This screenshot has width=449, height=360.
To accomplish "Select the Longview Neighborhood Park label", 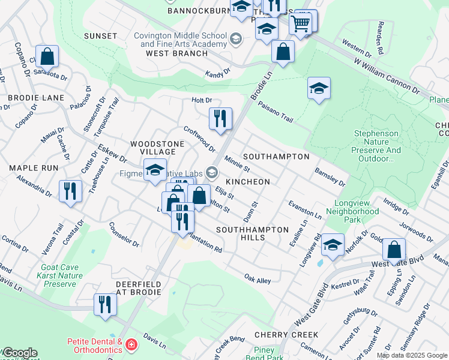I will click(352, 211).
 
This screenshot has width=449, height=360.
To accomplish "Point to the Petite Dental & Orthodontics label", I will click(94, 345).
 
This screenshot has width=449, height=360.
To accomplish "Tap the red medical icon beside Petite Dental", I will click(131, 345).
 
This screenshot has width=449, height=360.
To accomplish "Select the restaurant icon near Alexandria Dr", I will click(70, 191).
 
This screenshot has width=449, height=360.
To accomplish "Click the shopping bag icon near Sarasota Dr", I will click(47, 56).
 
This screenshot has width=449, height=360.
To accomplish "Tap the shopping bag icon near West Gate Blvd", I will click(393, 248).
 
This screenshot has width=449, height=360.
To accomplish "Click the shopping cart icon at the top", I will click(300, 24).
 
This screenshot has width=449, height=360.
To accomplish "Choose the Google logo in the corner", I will click(19, 353).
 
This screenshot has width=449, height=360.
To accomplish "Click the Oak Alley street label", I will click(258, 279).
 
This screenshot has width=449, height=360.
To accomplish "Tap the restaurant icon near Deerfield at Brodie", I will click(105, 304).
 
